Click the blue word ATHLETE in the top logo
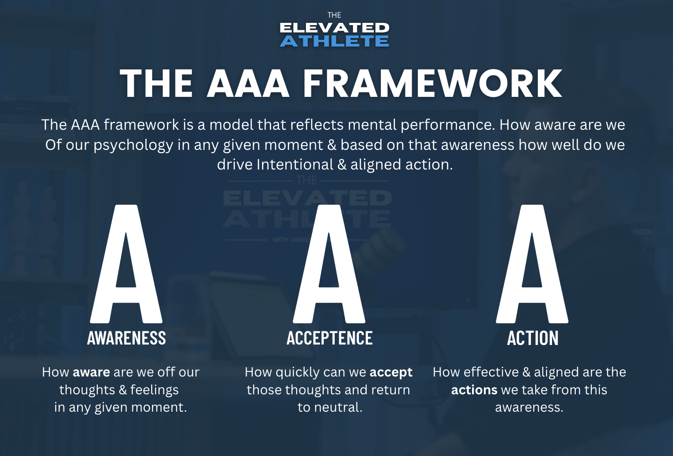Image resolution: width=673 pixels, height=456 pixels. coord(334,41)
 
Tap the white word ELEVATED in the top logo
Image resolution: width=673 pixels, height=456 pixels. coord(334,28)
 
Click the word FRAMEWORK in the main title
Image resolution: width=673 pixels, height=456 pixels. coord(432,83)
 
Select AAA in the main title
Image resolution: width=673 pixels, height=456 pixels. coord(248,83)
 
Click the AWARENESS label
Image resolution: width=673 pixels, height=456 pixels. coord(126,338)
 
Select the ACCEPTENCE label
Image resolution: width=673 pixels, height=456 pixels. coord(330,338)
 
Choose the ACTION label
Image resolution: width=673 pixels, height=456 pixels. coord(533,338)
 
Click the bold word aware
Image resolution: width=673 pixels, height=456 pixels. coord(91,372)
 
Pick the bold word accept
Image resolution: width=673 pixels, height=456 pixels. coord(391,373)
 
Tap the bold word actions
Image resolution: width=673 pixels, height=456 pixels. coord(474,390)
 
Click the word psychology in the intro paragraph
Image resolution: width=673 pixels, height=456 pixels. coord(133,145)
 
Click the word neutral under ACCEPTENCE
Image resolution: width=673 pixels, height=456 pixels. coord(338,407)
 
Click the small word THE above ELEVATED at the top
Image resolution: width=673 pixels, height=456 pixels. coord(334,16)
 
